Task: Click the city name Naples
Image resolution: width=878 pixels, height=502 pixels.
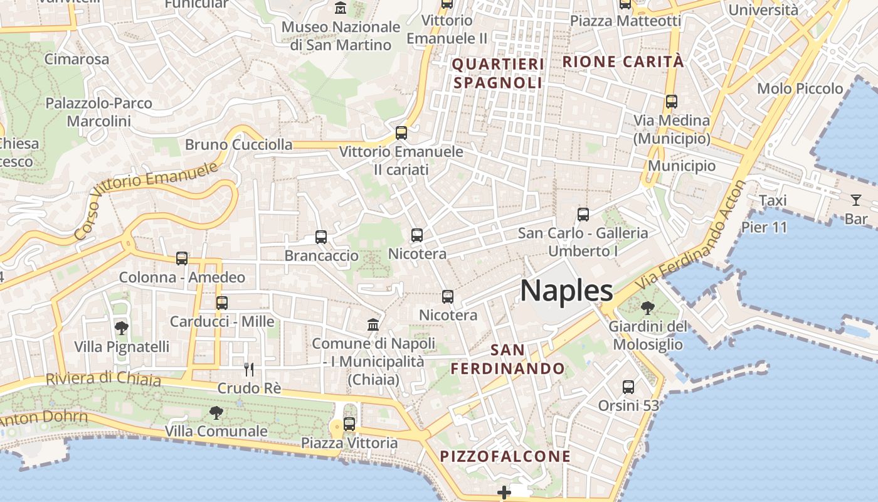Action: [566, 291]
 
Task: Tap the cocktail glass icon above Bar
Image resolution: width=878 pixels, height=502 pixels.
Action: [856, 200]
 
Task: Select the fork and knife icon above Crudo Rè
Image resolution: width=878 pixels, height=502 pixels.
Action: [249, 369]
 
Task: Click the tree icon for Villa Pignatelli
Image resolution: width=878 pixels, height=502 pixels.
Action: [122, 328]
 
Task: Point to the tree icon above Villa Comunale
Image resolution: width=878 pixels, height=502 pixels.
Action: [216, 412]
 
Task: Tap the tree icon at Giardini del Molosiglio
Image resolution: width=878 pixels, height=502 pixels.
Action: [647, 308]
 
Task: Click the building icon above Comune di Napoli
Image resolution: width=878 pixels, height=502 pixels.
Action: [373, 325]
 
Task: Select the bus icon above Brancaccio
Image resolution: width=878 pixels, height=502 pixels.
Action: [321, 237]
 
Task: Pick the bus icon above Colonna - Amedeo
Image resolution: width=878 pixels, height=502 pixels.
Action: [182, 259]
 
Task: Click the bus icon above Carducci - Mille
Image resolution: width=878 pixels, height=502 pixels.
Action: [222, 303]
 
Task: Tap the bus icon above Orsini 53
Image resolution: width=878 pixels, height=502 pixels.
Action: [628, 387]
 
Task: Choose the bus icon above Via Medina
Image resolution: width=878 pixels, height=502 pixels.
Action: [672, 102]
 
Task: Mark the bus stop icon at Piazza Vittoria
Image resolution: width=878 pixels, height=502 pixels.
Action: [349, 424]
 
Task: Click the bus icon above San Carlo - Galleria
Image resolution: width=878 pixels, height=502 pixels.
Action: [583, 215]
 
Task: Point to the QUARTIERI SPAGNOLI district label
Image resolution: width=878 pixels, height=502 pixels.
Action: [498, 73]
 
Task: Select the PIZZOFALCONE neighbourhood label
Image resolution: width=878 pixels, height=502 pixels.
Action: [505, 456]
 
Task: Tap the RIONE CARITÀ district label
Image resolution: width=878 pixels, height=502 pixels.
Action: [623, 61]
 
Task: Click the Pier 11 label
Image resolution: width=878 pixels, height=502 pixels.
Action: [764, 227]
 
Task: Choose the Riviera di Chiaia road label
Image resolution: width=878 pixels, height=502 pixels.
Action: [103, 378]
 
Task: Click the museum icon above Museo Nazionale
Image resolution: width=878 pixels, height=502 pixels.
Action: [341, 9]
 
